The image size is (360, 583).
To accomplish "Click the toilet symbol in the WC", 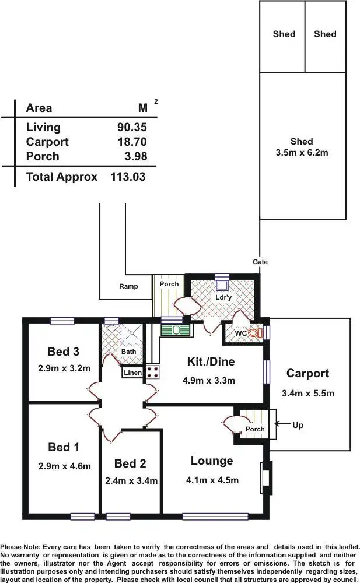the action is [x=254, y=333].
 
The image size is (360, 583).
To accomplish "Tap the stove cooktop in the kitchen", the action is [x=152, y=371].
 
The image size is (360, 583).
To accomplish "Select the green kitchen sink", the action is [x=176, y=330].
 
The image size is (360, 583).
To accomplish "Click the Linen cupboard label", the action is [x=132, y=373].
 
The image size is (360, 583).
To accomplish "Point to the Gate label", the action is [x=260, y=262].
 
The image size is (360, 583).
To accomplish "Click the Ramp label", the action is [x=128, y=286].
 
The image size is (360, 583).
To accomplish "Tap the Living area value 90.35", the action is [x=132, y=127].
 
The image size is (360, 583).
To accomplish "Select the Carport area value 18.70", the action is [x=132, y=142].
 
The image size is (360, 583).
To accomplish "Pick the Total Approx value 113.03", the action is [x=128, y=177].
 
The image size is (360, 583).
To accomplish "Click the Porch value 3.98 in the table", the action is [x=135, y=156].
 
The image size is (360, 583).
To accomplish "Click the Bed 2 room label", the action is [x=130, y=463].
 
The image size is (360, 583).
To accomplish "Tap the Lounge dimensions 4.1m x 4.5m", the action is [x=212, y=480].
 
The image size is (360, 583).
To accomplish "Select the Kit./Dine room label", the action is [x=211, y=361].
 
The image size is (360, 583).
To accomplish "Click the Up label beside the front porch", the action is [x=298, y=425].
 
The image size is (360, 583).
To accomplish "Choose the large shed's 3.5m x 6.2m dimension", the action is [x=302, y=153].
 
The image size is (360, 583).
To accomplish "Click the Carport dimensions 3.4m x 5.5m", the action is [x=307, y=393].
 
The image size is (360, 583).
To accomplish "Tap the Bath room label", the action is [x=128, y=352].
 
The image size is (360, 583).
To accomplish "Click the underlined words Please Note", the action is [x=20, y=547].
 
